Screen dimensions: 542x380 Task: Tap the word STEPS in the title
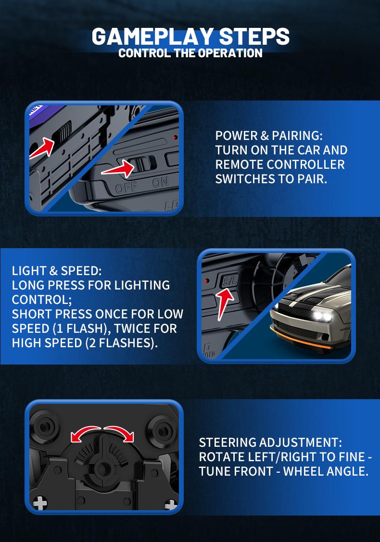[x=254, y=37]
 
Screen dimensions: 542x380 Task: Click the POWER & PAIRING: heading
[x=269, y=136]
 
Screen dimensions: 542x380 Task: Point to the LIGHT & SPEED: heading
[x=57, y=270]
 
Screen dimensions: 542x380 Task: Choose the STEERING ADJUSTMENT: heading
[x=270, y=442]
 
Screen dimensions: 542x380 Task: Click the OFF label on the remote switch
[x=126, y=187]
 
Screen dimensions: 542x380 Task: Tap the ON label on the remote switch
[x=160, y=183]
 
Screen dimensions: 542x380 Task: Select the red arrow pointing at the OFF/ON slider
[x=118, y=169]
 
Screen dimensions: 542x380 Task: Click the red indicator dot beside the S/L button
[x=207, y=281]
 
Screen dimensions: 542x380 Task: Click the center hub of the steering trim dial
[x=102, y=467]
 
